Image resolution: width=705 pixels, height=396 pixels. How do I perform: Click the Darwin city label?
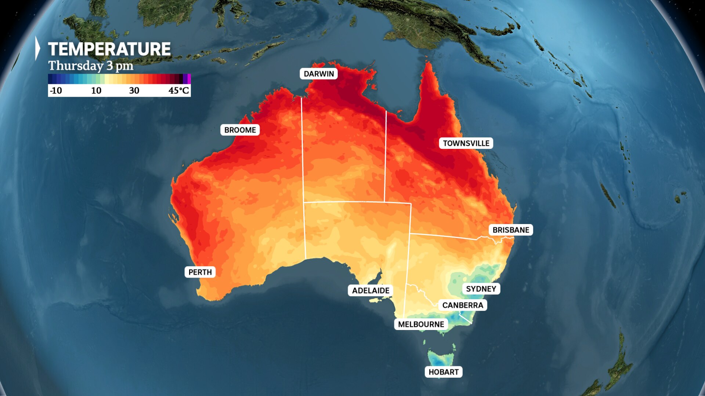tap(319, 74)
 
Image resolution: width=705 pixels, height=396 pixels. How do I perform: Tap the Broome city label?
tap(240, 130)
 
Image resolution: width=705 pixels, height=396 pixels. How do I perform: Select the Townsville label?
tap(466, 143)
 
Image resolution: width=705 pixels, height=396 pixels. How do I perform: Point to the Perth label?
tap(200, 272)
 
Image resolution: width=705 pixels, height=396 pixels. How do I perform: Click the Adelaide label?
tap(370, 290)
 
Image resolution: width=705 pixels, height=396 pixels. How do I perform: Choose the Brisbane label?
tap(510, 230)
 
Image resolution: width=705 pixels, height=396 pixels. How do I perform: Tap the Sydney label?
tap(481, 289)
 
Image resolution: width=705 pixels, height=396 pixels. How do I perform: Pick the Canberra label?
tap(462, 305)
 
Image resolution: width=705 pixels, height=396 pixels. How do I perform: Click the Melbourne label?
tap(421, 324)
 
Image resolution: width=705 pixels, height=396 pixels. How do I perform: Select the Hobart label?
tap(443, 372)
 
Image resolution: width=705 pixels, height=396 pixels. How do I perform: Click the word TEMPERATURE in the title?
tap(109, 49)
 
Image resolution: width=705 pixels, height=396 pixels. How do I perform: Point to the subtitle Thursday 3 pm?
tap(91, 66)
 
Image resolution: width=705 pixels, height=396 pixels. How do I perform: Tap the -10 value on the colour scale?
tap(56, 91)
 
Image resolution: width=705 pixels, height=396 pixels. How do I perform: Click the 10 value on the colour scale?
tap(96, 91)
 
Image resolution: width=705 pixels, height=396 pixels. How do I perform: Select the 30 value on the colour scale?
tap(134, 91)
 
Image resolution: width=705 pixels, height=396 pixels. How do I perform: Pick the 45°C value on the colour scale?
tap(178, 91)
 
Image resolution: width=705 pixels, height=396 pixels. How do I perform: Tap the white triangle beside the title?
tap(37, 48)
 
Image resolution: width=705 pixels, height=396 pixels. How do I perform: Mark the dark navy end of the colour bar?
tap(51, 79)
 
